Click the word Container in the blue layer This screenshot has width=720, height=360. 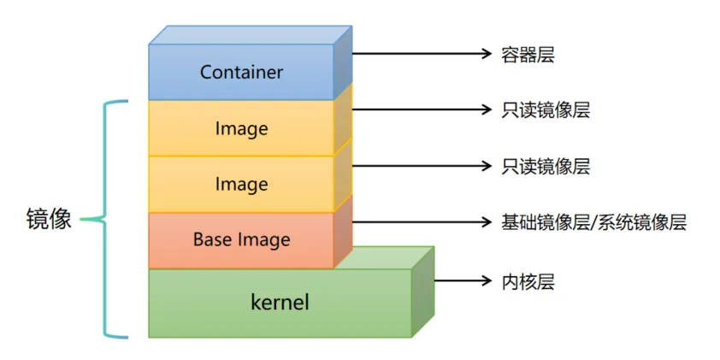tap(241, 72)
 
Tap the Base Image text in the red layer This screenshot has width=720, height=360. tap(241, 239)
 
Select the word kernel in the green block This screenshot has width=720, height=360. tap(280, 302)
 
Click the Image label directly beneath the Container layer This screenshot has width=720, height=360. tap(241, 128)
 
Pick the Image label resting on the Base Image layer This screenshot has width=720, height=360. tap(241, 184)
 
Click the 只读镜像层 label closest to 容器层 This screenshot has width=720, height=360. tap(546, 110)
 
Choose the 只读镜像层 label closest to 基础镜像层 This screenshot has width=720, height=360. tap(546, 166)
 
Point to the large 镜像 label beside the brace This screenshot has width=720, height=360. tap(49, 221)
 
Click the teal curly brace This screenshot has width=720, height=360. tap(109, 220)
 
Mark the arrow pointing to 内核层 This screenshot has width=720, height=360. tap(462, 280)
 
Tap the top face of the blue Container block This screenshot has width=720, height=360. tap(250, 34)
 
